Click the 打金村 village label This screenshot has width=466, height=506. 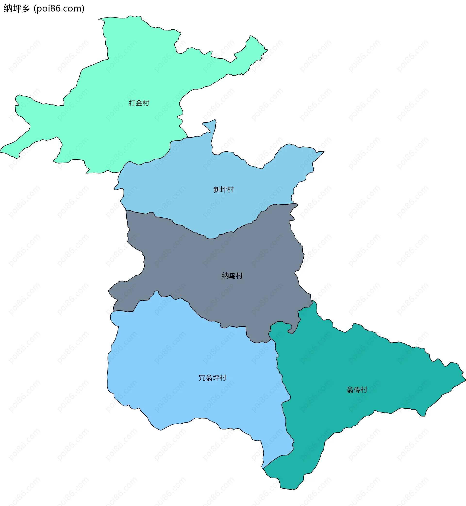click(139, 103)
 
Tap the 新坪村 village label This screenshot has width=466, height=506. click(224, 189)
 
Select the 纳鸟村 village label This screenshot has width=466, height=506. click(232, 275)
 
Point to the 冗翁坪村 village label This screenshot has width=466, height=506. click(213, 378)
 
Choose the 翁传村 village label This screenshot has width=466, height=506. click(357, 390)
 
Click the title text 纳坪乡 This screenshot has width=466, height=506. click(17, 9)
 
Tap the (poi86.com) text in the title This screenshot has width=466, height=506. click(59, 9)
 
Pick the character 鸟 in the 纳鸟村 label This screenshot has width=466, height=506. click(232, 275)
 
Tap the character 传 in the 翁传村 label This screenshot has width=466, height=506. click(357, 390)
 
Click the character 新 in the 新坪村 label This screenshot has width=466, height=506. click(216, 189)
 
